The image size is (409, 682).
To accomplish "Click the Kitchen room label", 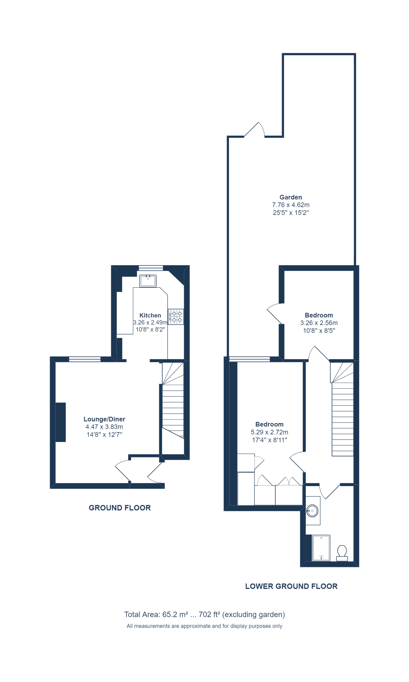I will point(150,315).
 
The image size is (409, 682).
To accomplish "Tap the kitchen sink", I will point(148,281).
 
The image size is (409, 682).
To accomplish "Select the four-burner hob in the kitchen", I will point(176,316).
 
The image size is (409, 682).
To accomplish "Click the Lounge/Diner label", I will point(104,419).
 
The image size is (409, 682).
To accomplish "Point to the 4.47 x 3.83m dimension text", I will point(104,427).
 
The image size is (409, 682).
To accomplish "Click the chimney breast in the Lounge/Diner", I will point(61,422).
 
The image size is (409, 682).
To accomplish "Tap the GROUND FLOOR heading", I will point(120,508).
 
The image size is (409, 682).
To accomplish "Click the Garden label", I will point(291,197).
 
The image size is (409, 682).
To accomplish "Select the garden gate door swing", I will point(255,130).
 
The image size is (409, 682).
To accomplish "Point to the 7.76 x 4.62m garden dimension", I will point(291,205).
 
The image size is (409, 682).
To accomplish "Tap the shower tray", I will point(321,547).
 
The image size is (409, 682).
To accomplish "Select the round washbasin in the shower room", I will point(312,511).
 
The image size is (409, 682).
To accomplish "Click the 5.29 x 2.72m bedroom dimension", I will point(269,432).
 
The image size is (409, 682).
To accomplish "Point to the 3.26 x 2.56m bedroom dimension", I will point(319,323).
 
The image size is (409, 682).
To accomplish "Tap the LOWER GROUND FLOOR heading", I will point(291,586).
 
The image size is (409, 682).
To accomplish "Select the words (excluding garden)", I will point(253,614).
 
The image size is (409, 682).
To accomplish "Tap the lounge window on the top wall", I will point(85,359).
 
